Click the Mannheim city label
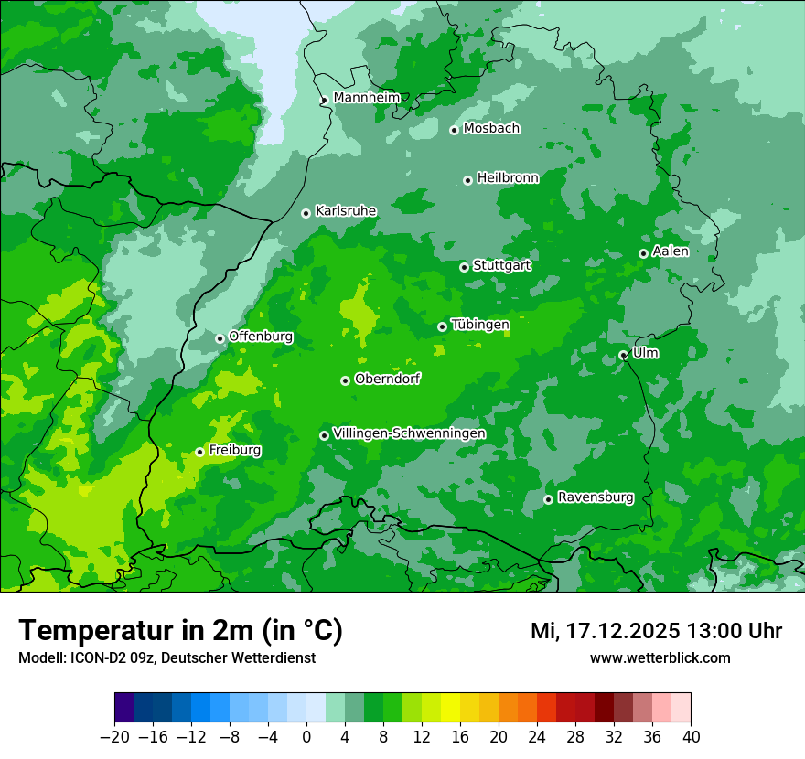tap(366, 97)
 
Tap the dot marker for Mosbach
tap(454, 130)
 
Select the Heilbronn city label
tap(508, 178)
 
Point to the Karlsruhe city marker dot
tap(306, 213)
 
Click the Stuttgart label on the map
tap(501, 265)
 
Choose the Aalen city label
tap(671, 251)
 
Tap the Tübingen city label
tap(480, 325)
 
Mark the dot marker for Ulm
tap(623, 355)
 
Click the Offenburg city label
tap(261, 337)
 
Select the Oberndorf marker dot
tap(345, 380)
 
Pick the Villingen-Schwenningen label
tap(409, 433)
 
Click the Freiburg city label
tap(235, 450)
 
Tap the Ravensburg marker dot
tap(548, 499)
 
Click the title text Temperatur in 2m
tap(180, 630)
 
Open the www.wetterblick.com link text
tap(660, 658)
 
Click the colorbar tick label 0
tap(306, 737)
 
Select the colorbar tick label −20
tap(114, 737)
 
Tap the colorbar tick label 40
tap(691, 737)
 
